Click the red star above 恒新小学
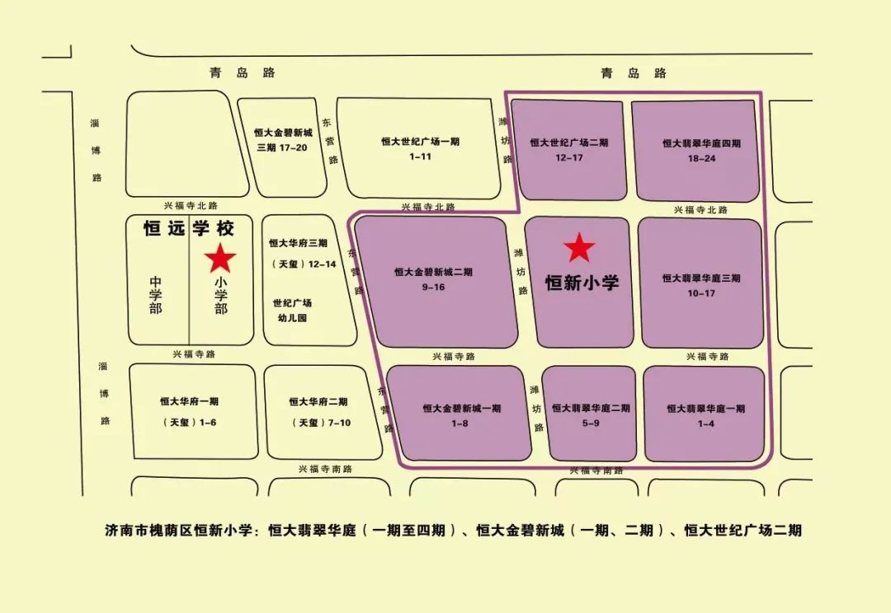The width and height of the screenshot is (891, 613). [579, 248]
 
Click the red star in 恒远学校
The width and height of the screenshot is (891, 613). [220, 258]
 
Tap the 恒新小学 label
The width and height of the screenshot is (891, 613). [582, 283]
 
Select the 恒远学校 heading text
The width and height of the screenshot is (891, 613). [189, 228]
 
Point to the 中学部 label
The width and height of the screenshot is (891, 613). [156, 295]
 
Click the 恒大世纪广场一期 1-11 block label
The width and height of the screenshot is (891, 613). [420, 149]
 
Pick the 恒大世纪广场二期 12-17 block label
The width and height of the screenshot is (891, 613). [569, 150]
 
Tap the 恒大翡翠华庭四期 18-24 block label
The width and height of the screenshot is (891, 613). [701, 150]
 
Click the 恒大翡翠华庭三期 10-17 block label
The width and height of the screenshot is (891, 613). [701, 285]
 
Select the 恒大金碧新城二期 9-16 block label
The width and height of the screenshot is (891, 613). [433, 279]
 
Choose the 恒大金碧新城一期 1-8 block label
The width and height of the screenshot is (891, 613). [461, 415]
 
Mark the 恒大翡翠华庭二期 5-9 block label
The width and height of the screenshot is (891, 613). [591, 415]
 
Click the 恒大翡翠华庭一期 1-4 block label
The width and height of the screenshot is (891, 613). [705, 415]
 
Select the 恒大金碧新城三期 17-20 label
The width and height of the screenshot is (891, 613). [283, 139]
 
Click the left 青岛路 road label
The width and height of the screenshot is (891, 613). [242, 73]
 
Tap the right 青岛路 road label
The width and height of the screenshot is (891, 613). [633, 73]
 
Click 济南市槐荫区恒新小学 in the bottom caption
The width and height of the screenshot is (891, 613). [182, 531]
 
